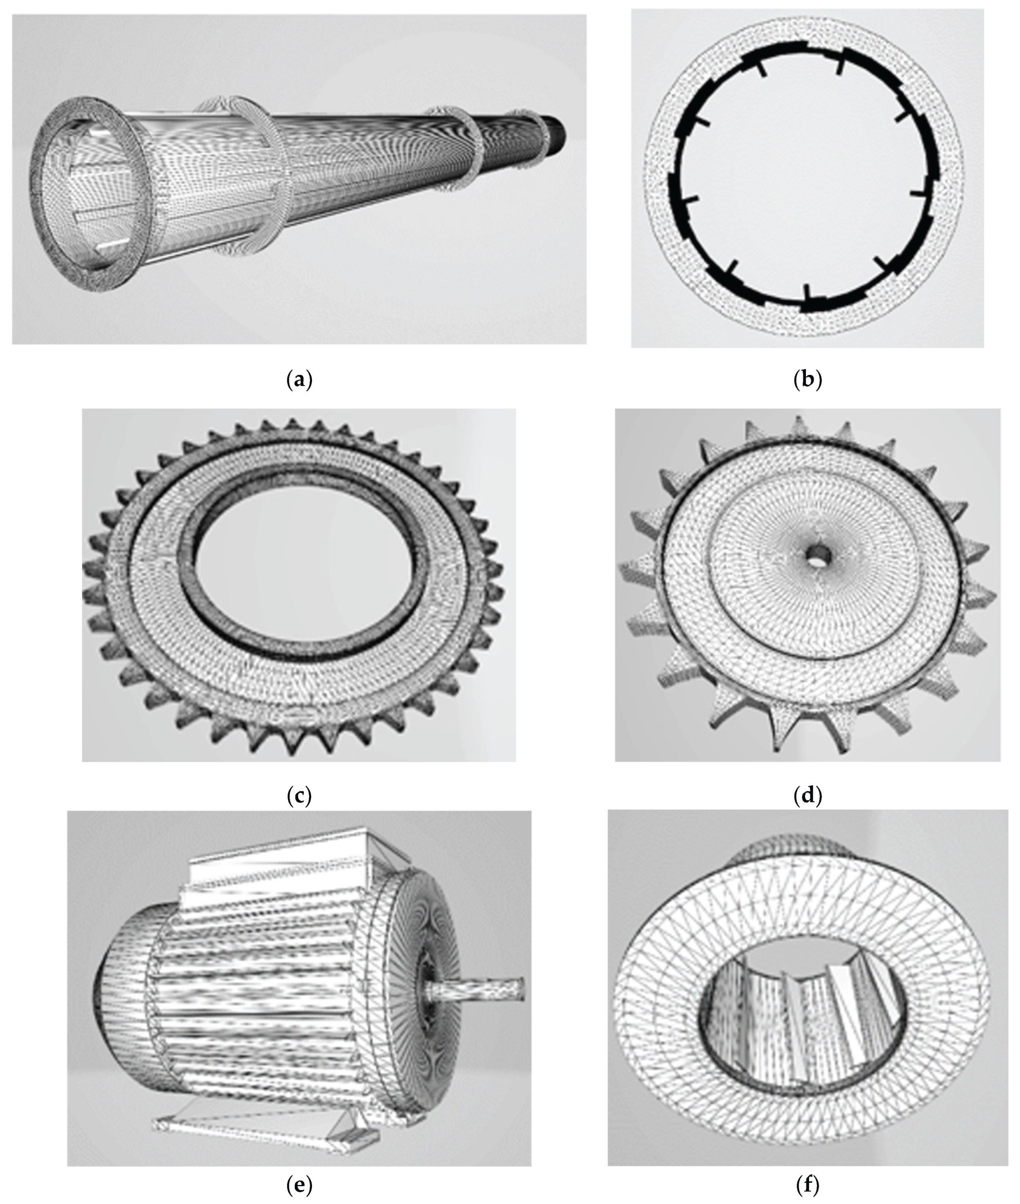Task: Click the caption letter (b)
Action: [808, 380]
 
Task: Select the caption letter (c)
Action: [299, 796]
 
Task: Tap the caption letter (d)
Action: [808, 796]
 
